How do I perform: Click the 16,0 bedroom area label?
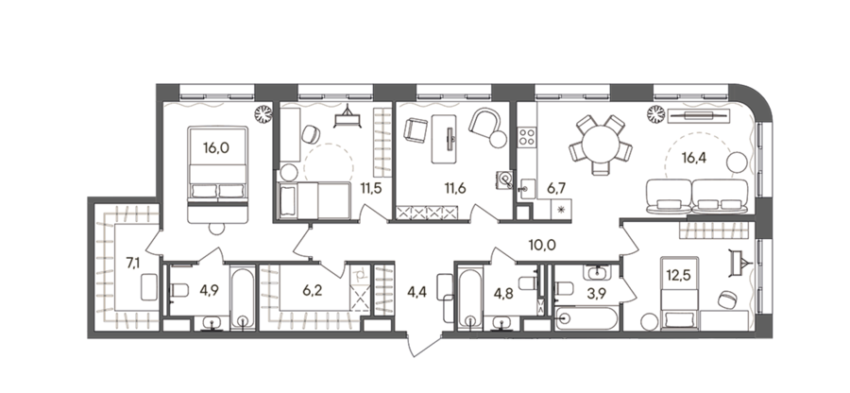coord(215,148)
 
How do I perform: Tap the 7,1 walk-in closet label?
coord(133,264)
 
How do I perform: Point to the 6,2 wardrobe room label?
coord(313,291)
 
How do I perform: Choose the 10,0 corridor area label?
coord(542,246)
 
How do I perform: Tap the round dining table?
coord(600,145)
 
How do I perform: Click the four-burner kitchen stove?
coord(526,137)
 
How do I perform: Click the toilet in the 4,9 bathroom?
coord(178,291)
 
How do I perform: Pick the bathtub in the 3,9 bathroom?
coord(586,318)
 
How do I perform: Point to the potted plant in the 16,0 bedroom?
coord(264,113)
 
